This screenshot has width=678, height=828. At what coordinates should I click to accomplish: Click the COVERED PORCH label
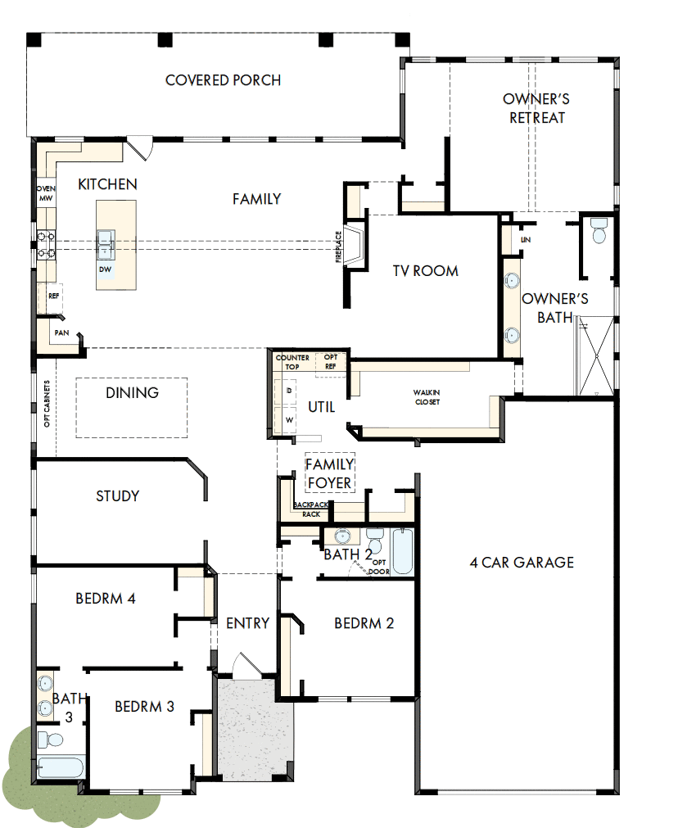pyautogui.click(x=223, y=80)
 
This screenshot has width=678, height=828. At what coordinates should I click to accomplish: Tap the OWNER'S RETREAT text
pyautogui.click(x=536, y=108)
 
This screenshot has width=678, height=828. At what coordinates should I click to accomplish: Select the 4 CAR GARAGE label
pyautogui.click(x=522, y=563)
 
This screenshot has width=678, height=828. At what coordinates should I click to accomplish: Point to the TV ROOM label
pyautogui.click(x=424, y=271)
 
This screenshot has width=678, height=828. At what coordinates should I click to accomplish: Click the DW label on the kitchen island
pyautogui.click(x=105, y=269)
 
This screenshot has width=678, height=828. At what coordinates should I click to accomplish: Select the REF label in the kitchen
pyautogui.click(x=54, y=296)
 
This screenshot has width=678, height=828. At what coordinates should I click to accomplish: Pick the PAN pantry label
pyautogui.click(x=61, y=333)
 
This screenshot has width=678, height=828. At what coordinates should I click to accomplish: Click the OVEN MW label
pyautogui.click(x=45, y=193)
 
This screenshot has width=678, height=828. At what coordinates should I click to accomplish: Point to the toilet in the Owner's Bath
pyautogui.click(x=598, y=232)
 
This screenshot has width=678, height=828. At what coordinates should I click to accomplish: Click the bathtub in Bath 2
pyautogui.click(x=402, y=552)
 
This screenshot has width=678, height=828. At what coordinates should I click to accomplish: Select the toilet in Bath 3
pyautogui.click(x=51, y=740)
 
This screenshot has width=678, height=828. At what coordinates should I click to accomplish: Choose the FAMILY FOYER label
pyautogui.click(x=329, y=473)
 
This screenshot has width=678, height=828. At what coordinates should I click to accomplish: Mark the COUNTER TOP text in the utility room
pyautogui.click(x=292, y=363)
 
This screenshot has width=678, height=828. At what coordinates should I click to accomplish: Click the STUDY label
pyautogui.click(x=117, y=496)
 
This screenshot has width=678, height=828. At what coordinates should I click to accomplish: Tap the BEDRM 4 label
pyautogui.click(x=106, y=599)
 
